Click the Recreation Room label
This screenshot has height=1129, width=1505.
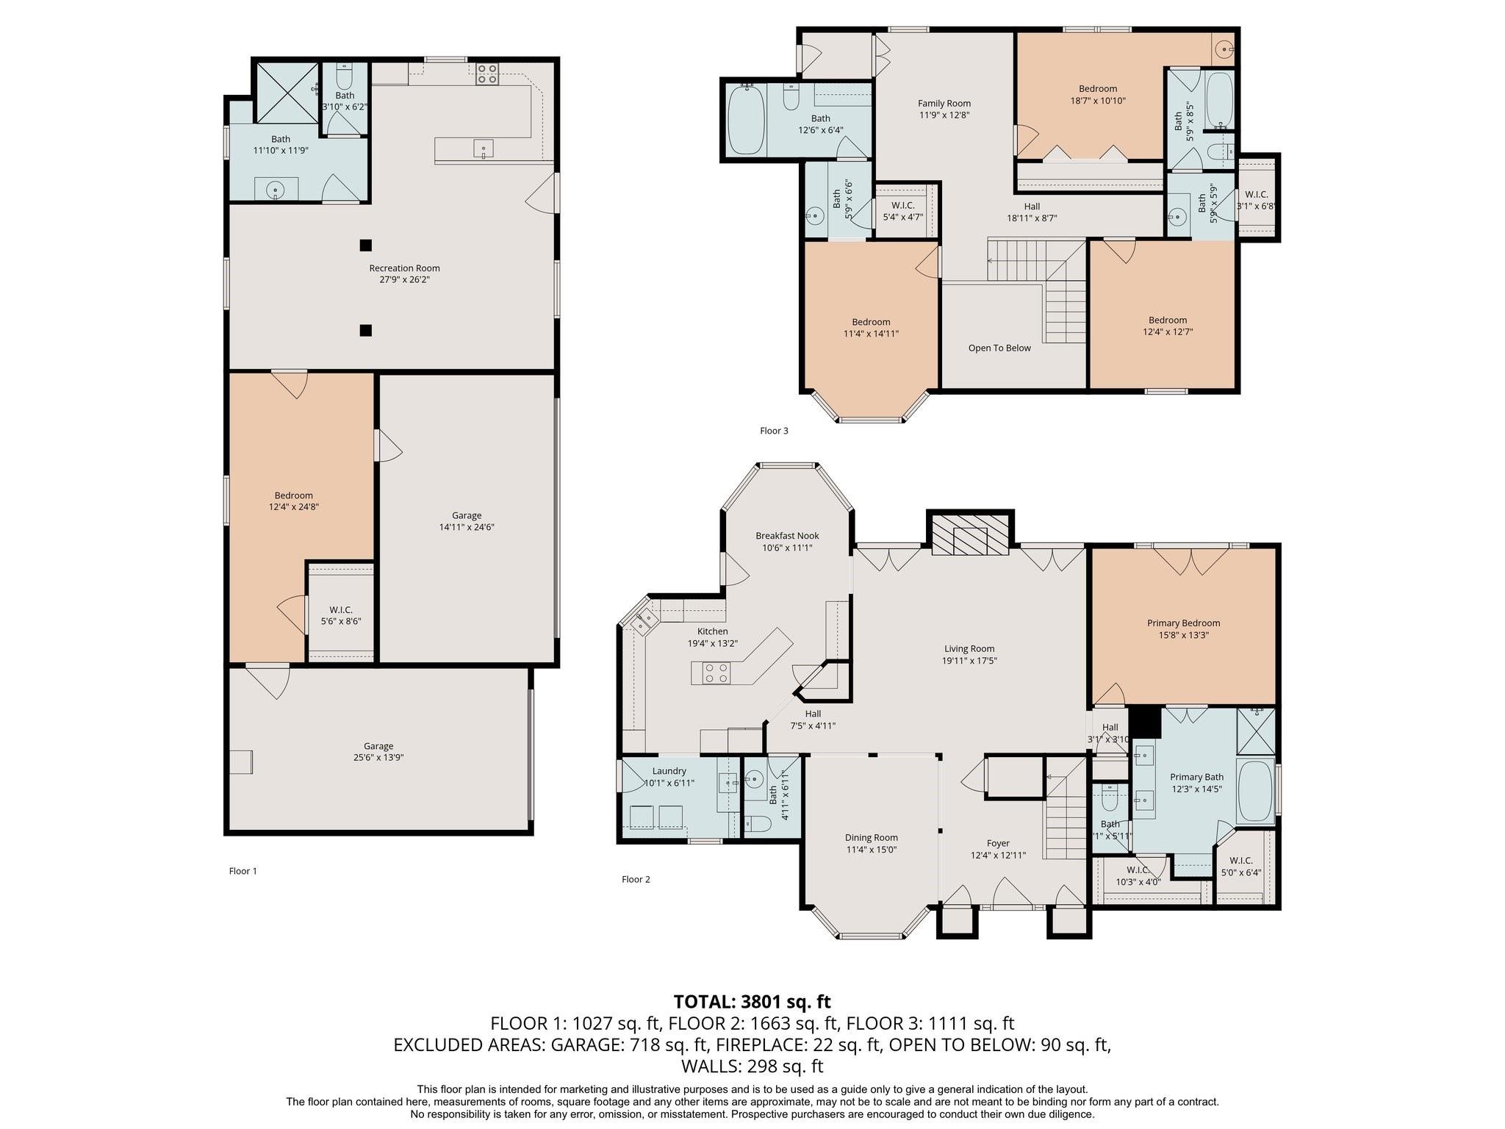[404, 268]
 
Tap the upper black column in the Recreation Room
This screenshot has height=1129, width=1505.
[365, 245]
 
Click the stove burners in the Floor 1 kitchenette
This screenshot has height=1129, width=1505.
[486, 74]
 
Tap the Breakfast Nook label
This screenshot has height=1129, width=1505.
[787, 536]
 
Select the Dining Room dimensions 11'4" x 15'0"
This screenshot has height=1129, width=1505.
[871, 849]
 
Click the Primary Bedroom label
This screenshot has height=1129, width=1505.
[1183, 623]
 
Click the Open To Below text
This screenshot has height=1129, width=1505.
[999, 348]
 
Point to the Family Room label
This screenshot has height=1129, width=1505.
[944, 104]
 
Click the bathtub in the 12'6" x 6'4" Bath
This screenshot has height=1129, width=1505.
[747, 121]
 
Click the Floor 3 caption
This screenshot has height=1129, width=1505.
[774, 431]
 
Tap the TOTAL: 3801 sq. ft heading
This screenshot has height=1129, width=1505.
[752, 1001]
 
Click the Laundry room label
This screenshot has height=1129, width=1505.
[669, 771]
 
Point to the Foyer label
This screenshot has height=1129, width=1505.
[998, 843]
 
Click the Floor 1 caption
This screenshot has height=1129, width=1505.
[243, 871]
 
